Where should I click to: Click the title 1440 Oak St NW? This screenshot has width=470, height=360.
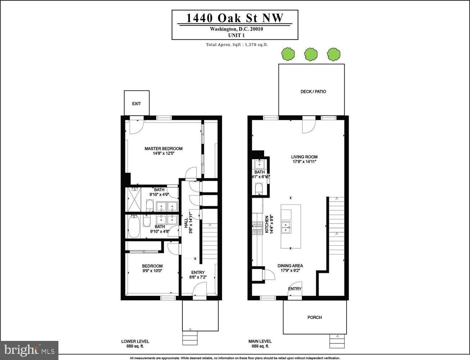tap(235, 18)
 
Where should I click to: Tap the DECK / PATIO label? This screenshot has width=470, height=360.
tap(313, 92)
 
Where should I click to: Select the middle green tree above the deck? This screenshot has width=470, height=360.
tap(311, 54)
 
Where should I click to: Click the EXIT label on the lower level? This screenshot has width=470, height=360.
tap(136, 104)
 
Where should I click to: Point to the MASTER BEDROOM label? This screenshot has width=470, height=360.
tap(163, 149)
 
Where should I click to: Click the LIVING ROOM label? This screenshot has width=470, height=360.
tap(304, 157)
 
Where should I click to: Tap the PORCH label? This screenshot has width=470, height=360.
tap(315, 318)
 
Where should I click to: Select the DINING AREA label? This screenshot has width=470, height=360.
tap(290, 266)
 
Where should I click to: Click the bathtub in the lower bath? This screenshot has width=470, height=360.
tap(134, 227)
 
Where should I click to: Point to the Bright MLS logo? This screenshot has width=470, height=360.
tap(30, 350)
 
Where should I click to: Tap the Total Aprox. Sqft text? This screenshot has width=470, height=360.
tap(237, 45)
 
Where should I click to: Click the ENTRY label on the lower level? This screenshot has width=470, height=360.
tap(198, 273)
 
